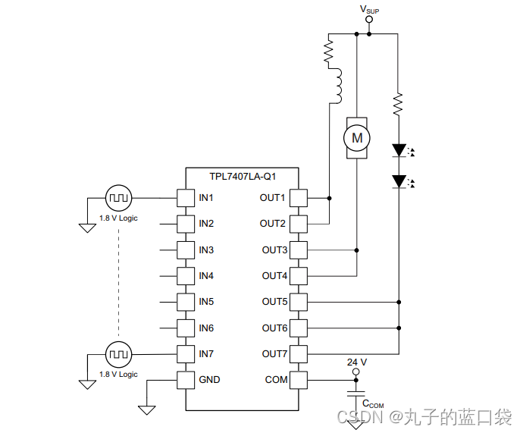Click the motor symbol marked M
356,138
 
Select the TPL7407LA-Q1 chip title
243,177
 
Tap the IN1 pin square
186,198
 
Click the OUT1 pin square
299,198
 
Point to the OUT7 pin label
274,354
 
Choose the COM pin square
299,379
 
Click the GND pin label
209,379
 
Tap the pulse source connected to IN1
119,198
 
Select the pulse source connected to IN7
119,353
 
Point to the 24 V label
356,362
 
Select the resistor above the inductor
329,51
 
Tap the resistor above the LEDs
397,104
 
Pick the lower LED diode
397,180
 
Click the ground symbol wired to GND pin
147,410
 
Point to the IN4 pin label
206,276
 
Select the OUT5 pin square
299,302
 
